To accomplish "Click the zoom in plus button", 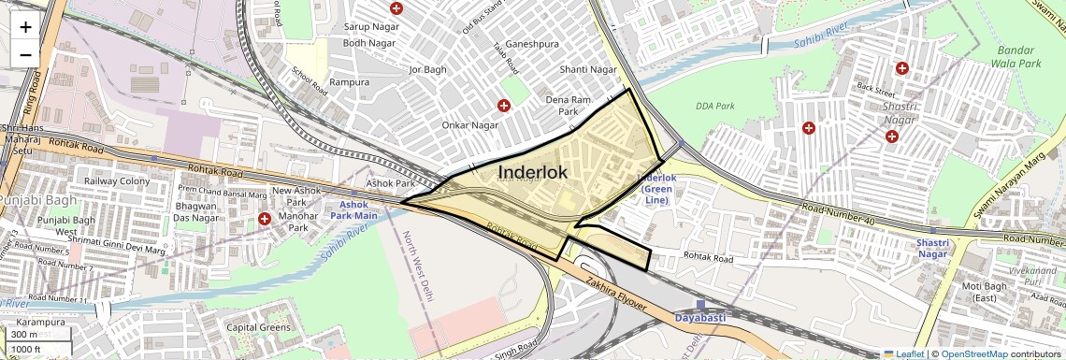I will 25,27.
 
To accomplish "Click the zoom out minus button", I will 25,54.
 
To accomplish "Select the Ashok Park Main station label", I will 353,209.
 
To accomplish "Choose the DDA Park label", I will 716,107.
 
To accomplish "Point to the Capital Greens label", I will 258,328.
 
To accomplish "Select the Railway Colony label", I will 117,181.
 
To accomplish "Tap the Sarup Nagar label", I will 371,27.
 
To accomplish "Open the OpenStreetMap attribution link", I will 974,353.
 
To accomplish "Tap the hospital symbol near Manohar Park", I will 265,219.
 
